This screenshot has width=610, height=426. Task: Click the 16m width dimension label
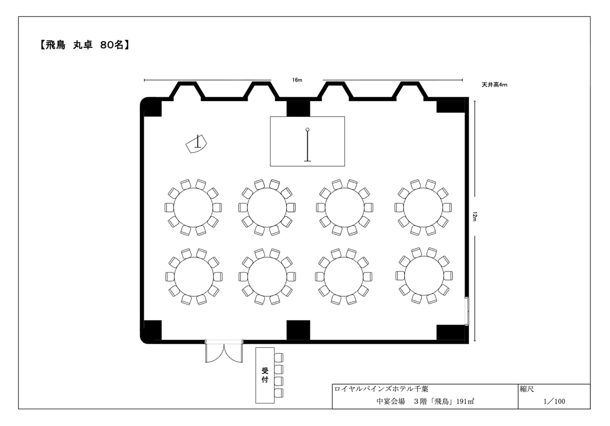click(297, 80)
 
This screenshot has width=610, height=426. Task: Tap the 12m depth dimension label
click(475, 216)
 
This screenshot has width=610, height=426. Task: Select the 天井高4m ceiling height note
click(494, 85)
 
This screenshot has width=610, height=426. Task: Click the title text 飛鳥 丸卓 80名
click(84, 45)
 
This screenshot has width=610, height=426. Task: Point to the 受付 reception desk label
click(265, 375)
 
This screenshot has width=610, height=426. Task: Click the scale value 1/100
click(554, 401)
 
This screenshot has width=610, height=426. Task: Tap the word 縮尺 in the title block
click(527, 389)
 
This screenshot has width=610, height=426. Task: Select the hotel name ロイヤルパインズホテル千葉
click(381, 389)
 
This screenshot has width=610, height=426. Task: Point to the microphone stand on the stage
click(308, 145)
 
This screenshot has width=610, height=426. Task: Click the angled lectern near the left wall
click(196, 145)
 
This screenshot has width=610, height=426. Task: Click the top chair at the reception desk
click(279, 358)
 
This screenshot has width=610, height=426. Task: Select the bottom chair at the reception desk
click(279, 393)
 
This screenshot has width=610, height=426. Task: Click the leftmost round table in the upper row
click(193, 208)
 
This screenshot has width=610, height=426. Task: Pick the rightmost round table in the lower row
click(424, 276)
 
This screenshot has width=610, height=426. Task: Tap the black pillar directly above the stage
click(298, 108)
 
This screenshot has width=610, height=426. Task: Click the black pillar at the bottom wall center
click(298, 330)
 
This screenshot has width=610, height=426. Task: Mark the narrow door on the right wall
click(467, 311)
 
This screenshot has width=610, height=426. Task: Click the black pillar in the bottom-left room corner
click(152, 330)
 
